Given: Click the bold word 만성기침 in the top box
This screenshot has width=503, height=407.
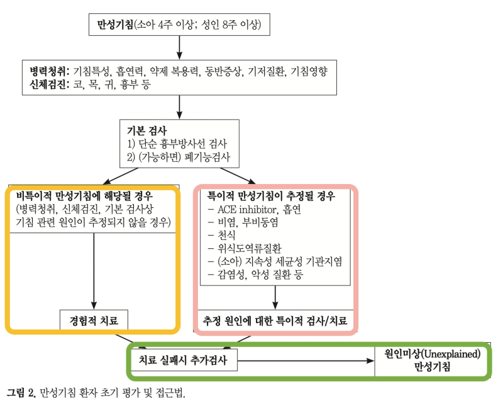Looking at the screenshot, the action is (115, 25).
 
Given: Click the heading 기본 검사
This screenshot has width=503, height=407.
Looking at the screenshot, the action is (147, 130).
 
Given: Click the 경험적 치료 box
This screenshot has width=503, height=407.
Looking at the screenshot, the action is (94, 320).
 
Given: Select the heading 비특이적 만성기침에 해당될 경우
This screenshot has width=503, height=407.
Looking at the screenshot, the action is (84, 196).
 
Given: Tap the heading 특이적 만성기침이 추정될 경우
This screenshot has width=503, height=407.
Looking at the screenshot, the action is (271, 196).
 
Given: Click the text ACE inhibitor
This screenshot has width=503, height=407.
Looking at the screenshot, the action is (246, 210).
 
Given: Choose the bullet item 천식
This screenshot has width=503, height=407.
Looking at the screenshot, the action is (226, 236).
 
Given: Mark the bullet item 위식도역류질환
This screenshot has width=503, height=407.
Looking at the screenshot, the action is (249, 248).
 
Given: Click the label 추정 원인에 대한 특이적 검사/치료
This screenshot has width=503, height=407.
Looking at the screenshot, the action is (275, 321).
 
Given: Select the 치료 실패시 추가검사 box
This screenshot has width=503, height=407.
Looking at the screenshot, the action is (184, 360).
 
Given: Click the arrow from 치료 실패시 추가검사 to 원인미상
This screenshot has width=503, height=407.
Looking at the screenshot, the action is (306, 361).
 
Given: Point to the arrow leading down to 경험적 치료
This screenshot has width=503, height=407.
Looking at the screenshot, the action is (94, 272).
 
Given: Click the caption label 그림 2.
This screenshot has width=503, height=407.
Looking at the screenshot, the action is (21, 393).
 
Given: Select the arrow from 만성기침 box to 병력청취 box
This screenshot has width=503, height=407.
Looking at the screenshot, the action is (179, 48).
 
